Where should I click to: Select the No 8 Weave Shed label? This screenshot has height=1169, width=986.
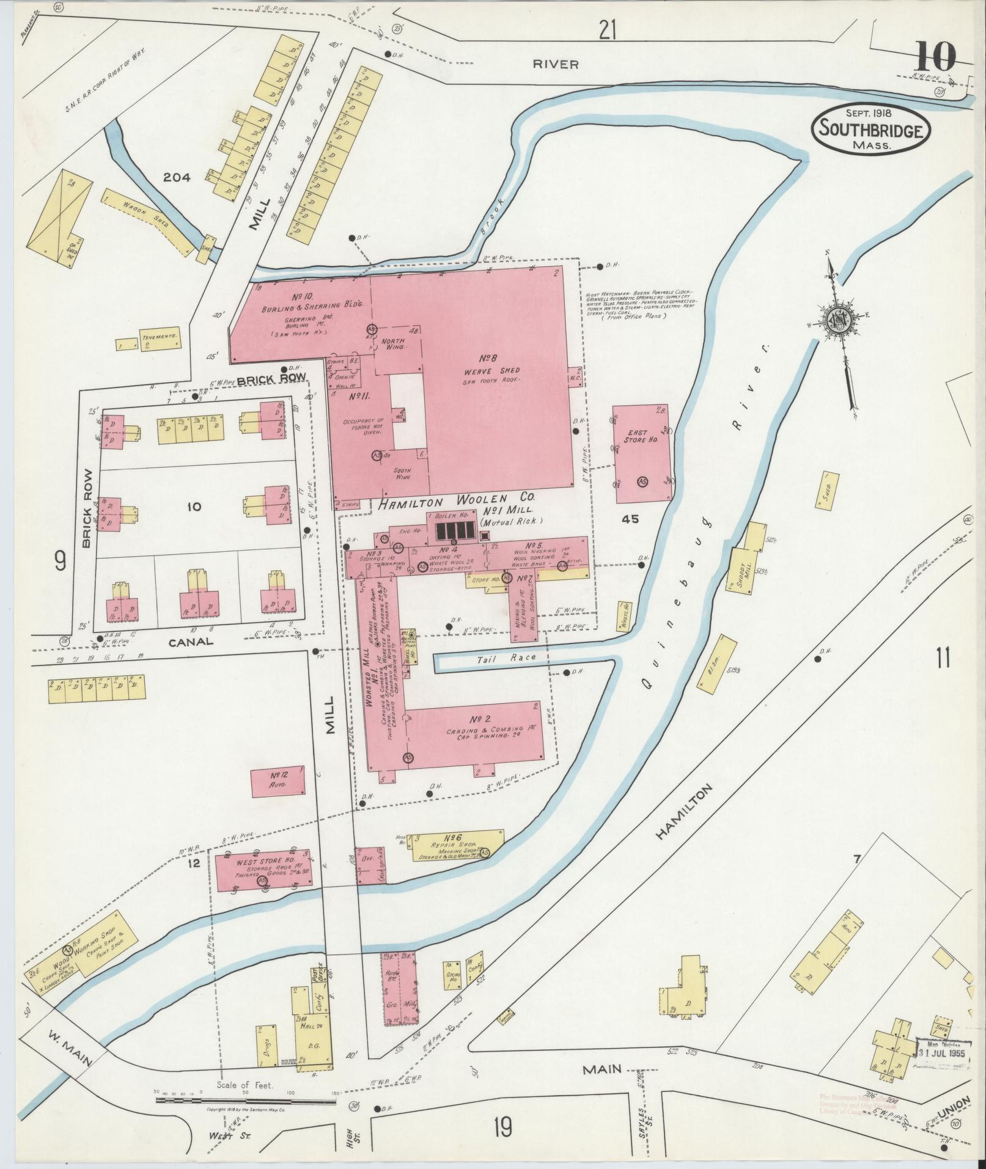pos(500,367)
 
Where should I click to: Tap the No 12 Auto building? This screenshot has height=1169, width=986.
pos(278,780)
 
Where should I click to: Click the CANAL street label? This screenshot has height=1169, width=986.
pos(191,642)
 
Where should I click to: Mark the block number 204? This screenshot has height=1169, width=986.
pos(177,178)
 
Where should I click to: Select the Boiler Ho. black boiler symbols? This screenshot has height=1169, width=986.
pos(454,530)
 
